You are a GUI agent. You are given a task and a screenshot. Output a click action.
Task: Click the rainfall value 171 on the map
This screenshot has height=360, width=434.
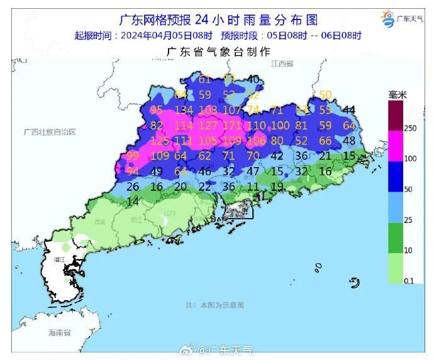[x=232, y=125]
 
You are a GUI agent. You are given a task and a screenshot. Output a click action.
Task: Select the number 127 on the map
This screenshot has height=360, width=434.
[x=208, y=125]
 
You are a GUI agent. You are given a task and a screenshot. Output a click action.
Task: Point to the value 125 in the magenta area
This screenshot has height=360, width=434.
[x=159, y=140]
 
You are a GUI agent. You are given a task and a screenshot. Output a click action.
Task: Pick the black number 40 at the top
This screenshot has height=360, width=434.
[x=253, y=79]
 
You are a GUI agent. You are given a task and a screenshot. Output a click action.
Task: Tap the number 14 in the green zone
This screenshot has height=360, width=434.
[x=133, y=202]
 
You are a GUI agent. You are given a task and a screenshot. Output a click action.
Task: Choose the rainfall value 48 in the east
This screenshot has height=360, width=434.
[x=349, y=140]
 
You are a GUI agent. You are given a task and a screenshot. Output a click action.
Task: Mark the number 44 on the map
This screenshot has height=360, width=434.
[x=349, y=110]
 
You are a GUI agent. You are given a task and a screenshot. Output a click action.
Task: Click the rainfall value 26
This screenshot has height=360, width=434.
[x=133, y=187]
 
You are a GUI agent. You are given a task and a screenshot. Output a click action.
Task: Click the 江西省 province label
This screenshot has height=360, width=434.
[x=282, y=64]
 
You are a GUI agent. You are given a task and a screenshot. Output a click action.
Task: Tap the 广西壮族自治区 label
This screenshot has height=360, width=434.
[x=49, y=133]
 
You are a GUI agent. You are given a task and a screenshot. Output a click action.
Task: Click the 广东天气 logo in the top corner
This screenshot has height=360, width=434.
[x=403, y=19]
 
